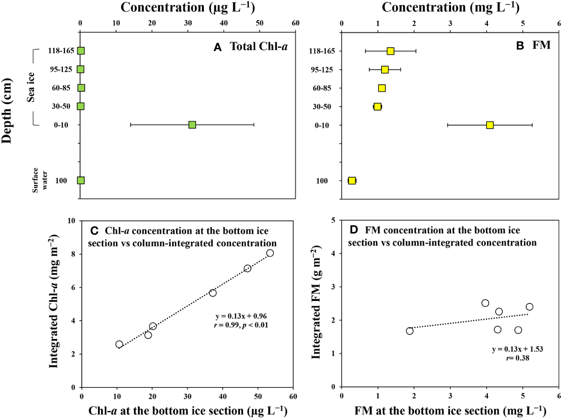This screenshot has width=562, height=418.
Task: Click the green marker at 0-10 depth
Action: (192, 125)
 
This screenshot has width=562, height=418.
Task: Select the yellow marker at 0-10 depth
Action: (490, 125)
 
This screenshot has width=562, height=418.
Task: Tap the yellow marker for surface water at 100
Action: (352, 181)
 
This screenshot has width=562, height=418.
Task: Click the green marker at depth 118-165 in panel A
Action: (81, 51)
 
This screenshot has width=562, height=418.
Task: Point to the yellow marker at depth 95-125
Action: (385, 70)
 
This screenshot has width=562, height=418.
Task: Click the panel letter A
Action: (217, 48)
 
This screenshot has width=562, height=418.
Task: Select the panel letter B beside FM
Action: (520, 46)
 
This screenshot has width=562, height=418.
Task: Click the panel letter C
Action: (94, 231)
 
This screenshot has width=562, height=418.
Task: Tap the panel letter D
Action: (354, 230)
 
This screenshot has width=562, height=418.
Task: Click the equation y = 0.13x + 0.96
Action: (241, 316)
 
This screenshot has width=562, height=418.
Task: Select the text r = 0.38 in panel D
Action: (518, 358)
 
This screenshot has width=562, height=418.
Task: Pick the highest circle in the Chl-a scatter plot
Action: (270, 253)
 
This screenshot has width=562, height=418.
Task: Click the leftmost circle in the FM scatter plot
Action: (410, 331)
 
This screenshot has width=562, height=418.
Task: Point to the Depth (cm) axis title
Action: (7, 111)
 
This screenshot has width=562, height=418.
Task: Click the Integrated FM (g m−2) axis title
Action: (316, 303)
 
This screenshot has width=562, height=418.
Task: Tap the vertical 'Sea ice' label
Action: (31, 87)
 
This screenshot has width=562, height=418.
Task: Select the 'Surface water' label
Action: (39, 180)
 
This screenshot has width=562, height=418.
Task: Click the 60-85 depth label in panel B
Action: (322, 88)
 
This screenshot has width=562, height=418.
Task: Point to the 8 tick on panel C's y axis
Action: (73, 254)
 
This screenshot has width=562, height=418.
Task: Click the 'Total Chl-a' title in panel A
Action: (259, 47)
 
